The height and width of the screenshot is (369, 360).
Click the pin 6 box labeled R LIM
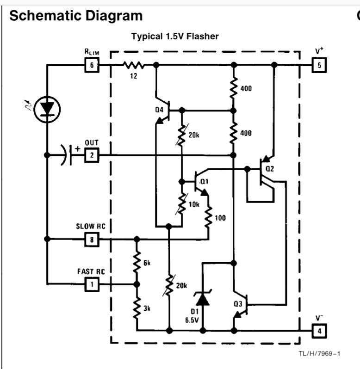pyautogui.click(x=92, y=65)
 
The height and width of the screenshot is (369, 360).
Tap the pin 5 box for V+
pyautogui.click(x=319, y=65)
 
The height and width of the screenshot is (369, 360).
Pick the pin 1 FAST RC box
pyautogui.click(x=92, y=284)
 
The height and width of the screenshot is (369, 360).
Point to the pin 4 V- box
pyautogui.click(x=319, y=331)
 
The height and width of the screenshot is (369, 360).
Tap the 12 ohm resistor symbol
pyautogui.click(x=134, y=65)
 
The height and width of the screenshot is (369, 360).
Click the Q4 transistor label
pyautogui.click(x=160, y=110)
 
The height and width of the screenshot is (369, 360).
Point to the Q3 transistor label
pyautogui.click(x=238, y=304)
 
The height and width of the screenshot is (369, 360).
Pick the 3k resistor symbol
pyautogui.click(x=137, y=307)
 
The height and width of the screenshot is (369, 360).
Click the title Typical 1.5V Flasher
pyautogui.click(x=175, y=37)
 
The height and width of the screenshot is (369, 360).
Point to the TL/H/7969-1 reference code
pyautogui.click(x=319, y=354)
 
